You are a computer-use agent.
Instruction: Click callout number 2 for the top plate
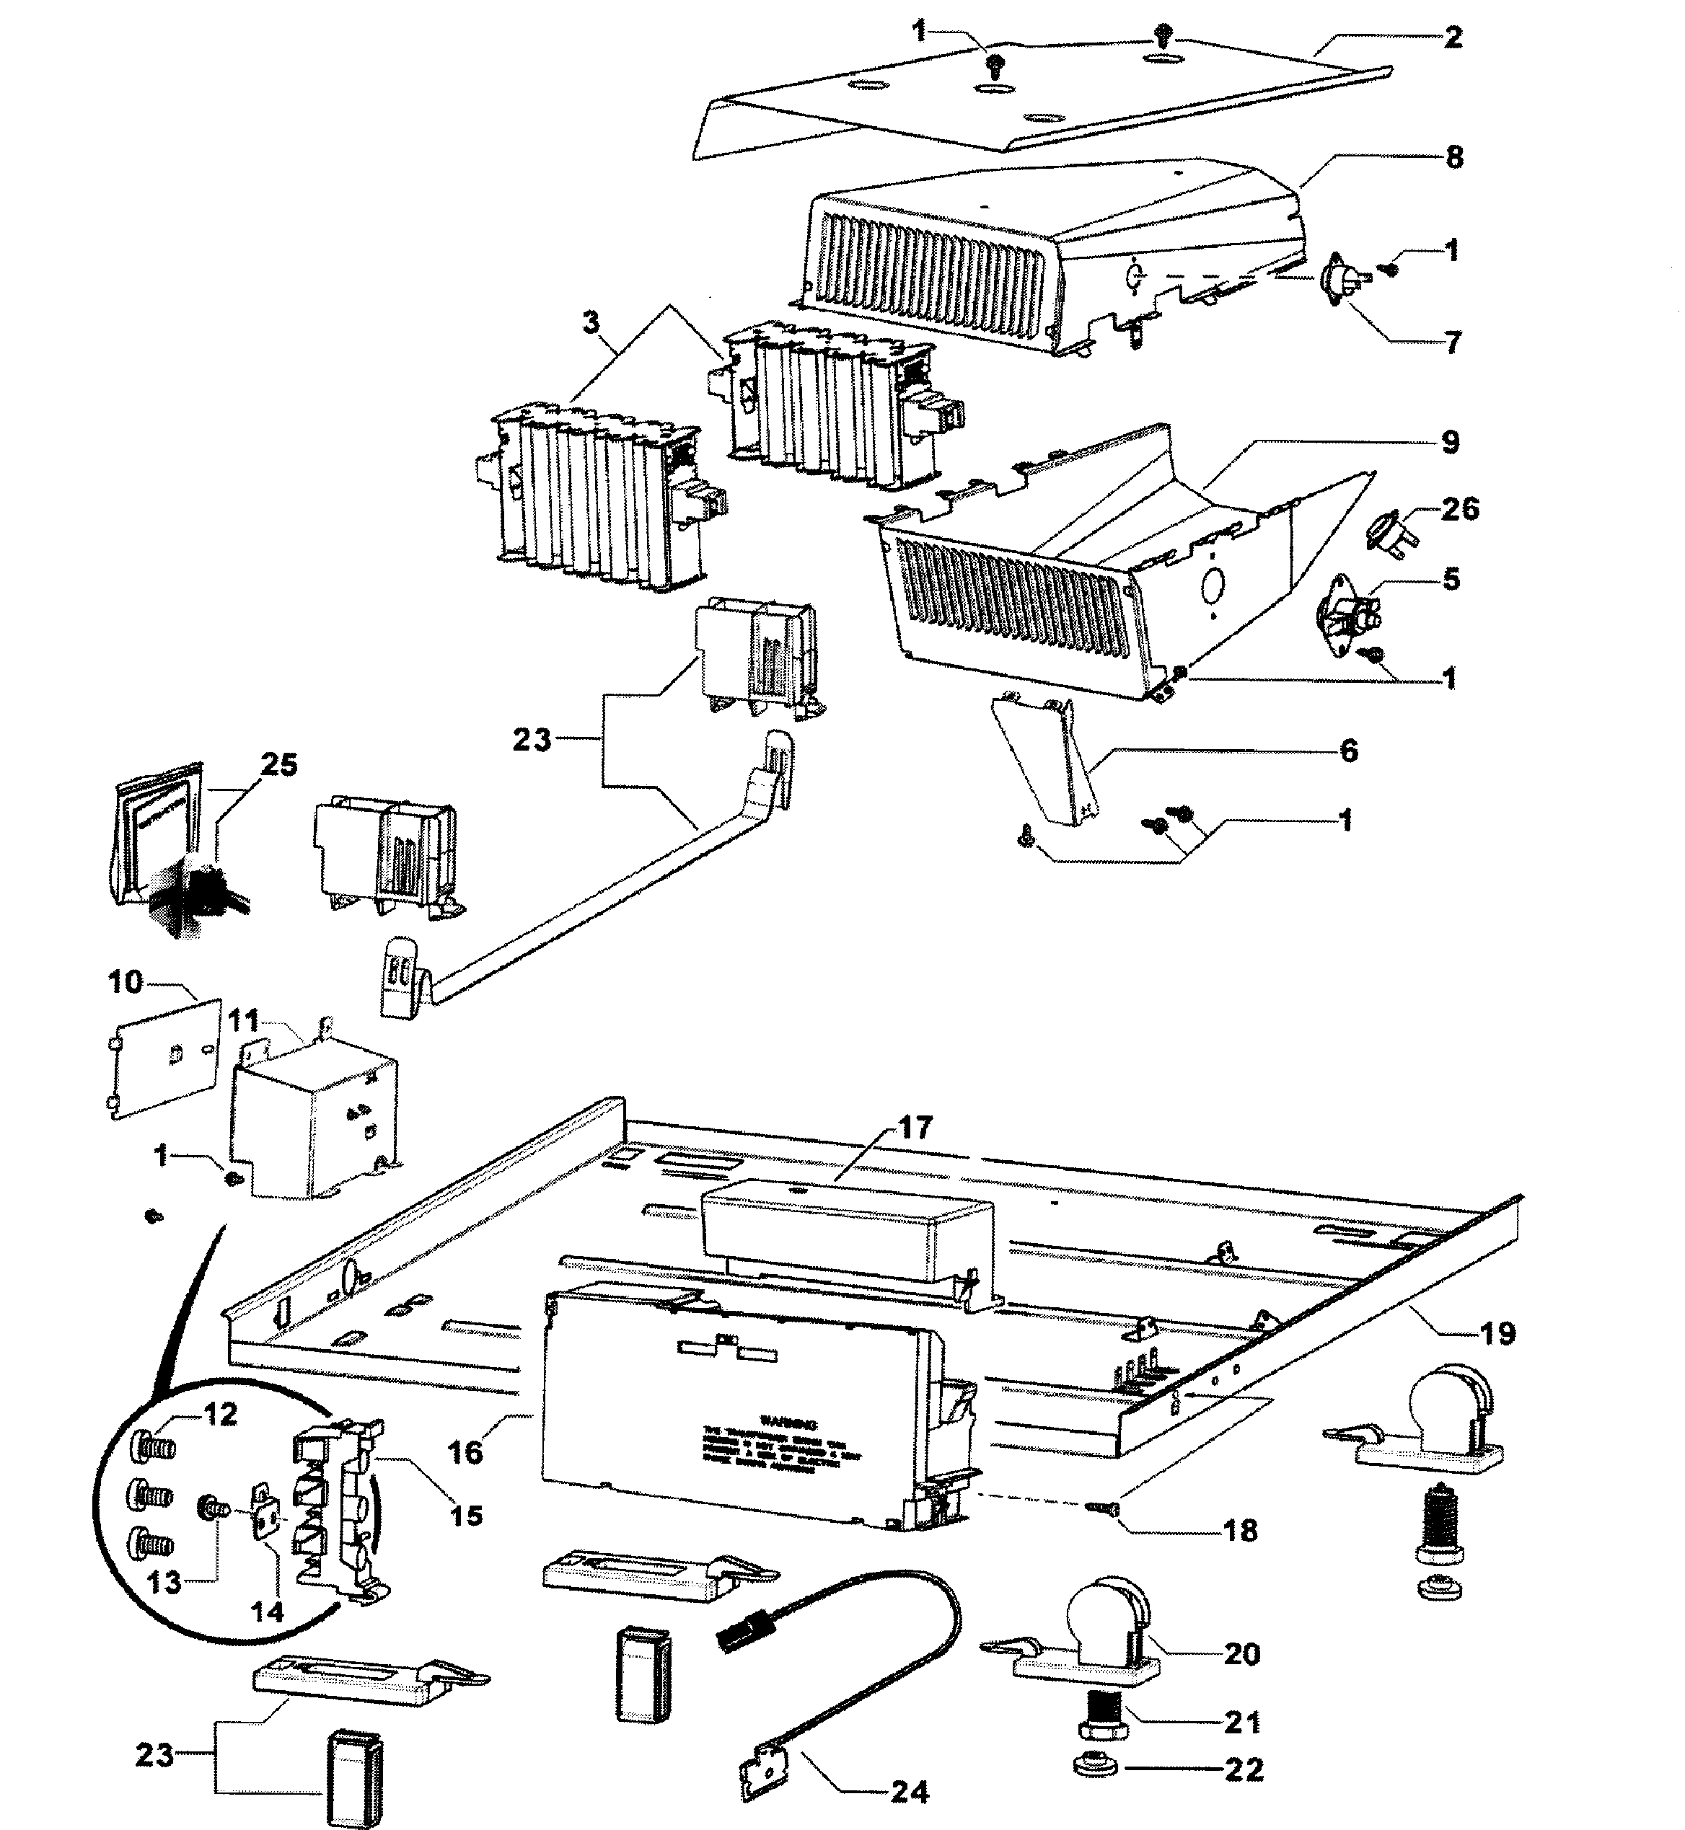pos(1453,37)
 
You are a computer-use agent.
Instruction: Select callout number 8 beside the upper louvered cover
pos(1454,158)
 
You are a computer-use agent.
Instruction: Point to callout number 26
pos(1460,510)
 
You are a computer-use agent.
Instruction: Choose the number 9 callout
pos(1450,443)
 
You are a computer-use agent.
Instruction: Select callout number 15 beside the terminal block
pos(466,1516)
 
